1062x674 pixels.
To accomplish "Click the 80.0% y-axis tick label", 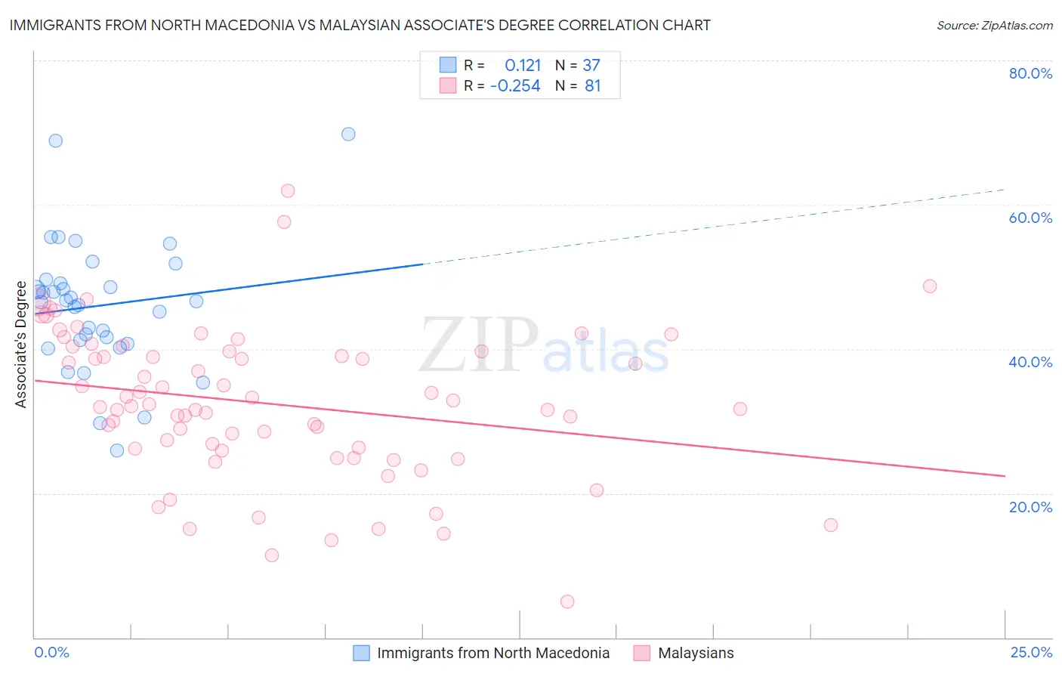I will point(1030,73).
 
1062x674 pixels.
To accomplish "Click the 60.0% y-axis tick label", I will point(1030,218).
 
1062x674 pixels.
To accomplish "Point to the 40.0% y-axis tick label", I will point(1030,362).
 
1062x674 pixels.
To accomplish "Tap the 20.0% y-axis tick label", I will point(1030,507).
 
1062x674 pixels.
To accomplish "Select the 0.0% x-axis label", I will point(51,653).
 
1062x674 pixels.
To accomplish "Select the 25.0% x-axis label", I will point(1031,653).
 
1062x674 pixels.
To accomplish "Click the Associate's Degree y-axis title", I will point(21,345).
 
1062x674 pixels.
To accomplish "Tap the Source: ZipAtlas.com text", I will point(994,26).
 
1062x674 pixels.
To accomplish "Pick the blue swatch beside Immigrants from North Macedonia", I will point(362,653).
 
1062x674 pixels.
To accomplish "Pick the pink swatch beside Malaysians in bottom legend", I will point(642,653).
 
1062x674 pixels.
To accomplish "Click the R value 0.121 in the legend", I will point(523,66).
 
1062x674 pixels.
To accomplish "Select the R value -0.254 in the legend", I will point(515,86).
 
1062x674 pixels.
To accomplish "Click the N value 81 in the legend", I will point(593,86).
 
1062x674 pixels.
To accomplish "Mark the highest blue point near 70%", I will point(348,134).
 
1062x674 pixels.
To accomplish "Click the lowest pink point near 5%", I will point(567,601).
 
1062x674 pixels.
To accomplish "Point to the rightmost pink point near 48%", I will point(930,286).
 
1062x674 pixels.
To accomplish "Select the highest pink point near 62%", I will point(288,191).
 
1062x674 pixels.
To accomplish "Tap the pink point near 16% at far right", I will point(831,525).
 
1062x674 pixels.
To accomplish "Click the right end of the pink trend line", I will point(1005,476).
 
